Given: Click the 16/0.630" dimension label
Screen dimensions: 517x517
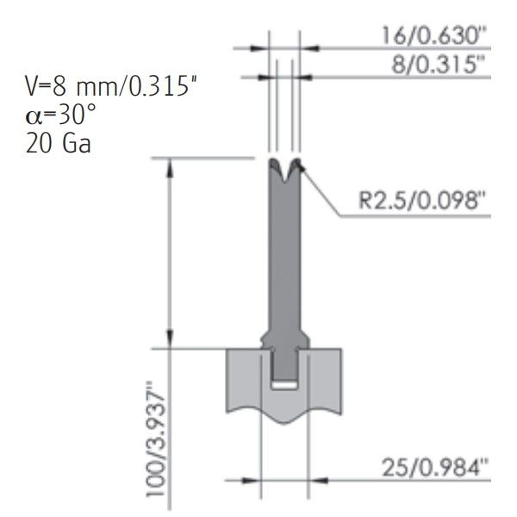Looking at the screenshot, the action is click(434, 35).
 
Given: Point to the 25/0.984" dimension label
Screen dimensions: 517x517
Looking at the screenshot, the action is click(434, 468).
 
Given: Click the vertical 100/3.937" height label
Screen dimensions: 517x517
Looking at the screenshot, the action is click(156, 439).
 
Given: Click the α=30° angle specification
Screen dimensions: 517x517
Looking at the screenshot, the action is click(60, 115).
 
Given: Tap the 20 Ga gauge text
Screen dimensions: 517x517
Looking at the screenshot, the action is click(58, 144).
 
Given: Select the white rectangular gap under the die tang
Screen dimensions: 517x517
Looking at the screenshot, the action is click(284, 385).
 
